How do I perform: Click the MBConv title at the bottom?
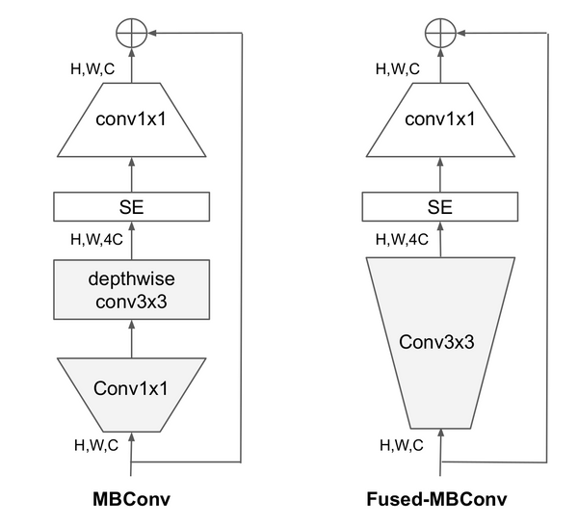[132, 499]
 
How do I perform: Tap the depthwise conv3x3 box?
[132, 289]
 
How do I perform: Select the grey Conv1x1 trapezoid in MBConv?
[132, 388]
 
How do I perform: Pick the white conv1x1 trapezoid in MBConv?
[132, 121]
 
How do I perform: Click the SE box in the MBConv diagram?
[132, 205]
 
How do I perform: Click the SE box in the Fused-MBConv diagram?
[439, 205]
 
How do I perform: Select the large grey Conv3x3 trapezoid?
[439, 341]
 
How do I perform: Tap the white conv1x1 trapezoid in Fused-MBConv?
[439, 121]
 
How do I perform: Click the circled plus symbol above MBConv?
[132, 33]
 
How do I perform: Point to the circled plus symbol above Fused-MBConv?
[439, 33]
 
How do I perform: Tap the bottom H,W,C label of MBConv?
[97, 445]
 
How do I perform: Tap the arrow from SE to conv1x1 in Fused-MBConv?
[439, 174]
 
